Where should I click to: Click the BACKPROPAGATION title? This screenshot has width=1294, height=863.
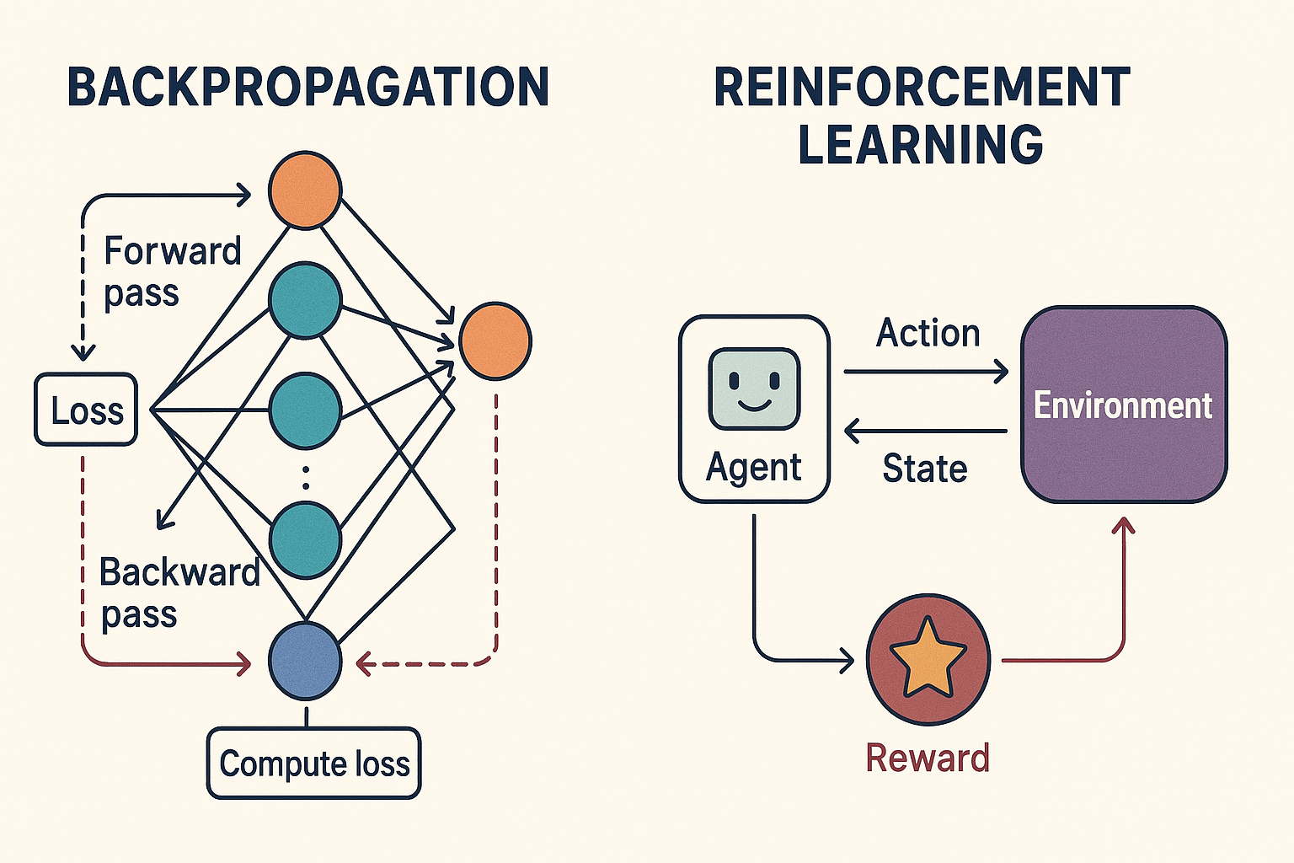tap(308, 87)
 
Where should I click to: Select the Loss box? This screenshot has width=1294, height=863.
tap(86, 410)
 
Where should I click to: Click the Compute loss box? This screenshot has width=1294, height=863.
tap(313, 764)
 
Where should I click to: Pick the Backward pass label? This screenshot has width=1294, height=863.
tap(179, 592)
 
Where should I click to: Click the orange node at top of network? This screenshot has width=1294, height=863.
tap(305, 190)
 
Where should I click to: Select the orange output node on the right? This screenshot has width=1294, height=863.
tap(495, 340)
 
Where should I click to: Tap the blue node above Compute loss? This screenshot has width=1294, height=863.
tap(305, 662)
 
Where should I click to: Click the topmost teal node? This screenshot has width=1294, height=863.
tap(305, 300)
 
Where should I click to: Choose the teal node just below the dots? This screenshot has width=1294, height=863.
tap(305, 539)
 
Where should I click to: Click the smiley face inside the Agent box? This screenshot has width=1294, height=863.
tap(754, 389)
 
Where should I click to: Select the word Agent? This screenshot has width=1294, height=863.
tap(754, 467)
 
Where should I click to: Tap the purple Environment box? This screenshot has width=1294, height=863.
tap(1124, 405)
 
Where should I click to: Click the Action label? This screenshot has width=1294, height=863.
tap(928, 333)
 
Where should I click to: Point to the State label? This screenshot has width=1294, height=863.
tap(924, 469)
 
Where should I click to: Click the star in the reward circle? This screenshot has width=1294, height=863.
tap(928, 658)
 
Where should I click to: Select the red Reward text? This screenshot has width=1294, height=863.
tap(928, 758)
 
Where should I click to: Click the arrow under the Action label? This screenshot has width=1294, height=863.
tap(926, 371)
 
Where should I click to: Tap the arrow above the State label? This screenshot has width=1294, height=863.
tap(926, 431)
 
